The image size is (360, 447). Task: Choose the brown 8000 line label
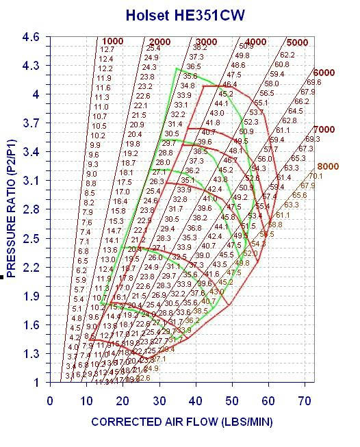point(328,166)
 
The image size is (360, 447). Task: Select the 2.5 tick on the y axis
point(31,238)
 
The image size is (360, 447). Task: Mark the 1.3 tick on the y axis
point(31,354)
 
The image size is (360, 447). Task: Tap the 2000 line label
point(159,42)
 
